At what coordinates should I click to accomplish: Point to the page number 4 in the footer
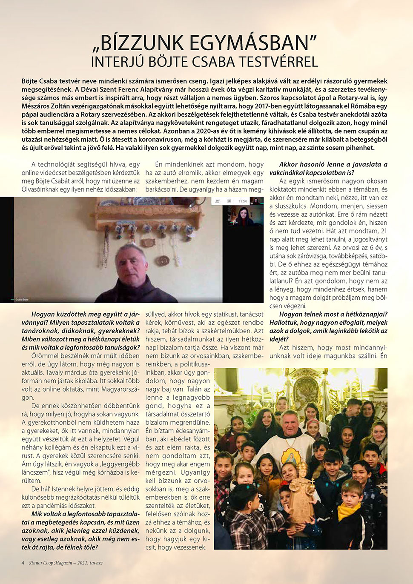(x=23, y=563)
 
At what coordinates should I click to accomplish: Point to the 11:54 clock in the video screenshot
(x=242, y=201)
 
